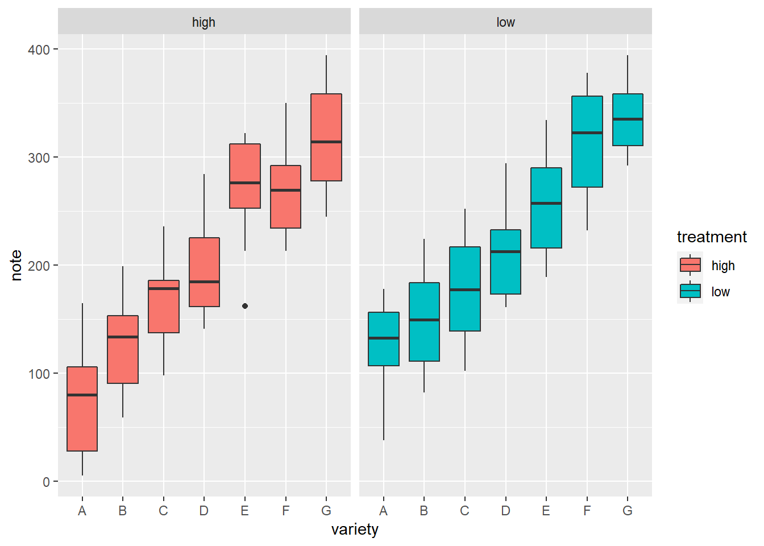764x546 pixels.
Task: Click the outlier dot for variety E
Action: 245,306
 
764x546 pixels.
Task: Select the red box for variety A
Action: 82,421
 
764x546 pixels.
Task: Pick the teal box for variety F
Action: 587,159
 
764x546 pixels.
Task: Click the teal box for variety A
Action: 384,353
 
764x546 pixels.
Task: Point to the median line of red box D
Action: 204,282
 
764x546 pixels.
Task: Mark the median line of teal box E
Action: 546,203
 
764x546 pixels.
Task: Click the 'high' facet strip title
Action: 204,22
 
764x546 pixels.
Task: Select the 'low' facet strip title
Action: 505,22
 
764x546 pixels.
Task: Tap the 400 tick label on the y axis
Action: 39,49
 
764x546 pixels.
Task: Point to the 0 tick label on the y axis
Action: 46,482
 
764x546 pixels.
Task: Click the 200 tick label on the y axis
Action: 39,266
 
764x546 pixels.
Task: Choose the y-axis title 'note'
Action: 16,266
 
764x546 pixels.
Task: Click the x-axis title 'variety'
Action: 355,530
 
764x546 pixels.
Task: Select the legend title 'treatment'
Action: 712,237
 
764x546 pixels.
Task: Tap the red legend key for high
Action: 690,265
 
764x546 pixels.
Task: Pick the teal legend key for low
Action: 690,291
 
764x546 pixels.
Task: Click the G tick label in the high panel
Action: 326,511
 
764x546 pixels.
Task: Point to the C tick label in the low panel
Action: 465,511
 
